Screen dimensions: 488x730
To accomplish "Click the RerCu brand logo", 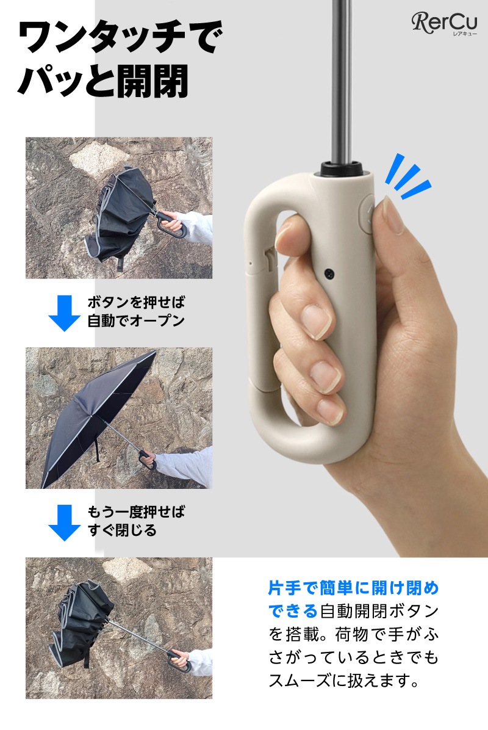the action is tap(444, 23).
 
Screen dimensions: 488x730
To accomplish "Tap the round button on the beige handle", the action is tap(367, 215).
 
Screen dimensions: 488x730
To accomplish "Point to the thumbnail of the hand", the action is tap(393, 215).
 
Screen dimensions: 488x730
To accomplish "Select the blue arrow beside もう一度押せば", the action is tap(64, 522).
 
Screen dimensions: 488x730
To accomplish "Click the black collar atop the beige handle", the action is tap(342, 168).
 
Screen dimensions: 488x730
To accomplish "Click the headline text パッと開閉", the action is tap(103, 81).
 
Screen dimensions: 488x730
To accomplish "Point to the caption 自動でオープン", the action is tap(136, 321).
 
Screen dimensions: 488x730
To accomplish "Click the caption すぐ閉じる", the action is tap(123, 530).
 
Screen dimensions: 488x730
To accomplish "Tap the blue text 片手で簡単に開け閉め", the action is tap(354, 588).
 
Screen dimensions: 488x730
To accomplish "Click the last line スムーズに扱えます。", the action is tap(344, 681).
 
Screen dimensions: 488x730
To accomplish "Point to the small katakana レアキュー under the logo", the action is tap(465, 34).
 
